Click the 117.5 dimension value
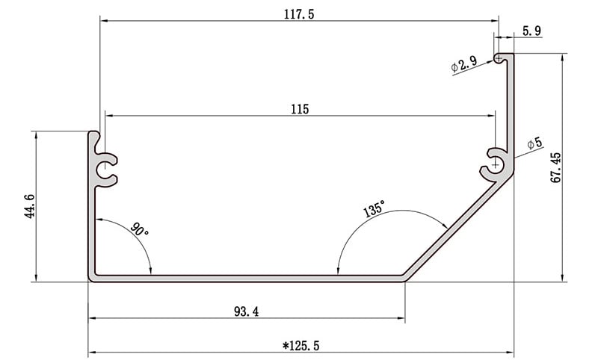point(299,14)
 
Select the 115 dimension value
point(300,109)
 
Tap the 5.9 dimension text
point(531,31)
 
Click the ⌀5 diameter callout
point(534,143)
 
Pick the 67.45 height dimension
point(556,167)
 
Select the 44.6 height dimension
point(29,206)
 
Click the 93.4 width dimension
point(247,312)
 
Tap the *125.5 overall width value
point(300,346)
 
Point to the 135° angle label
point(374,209)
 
